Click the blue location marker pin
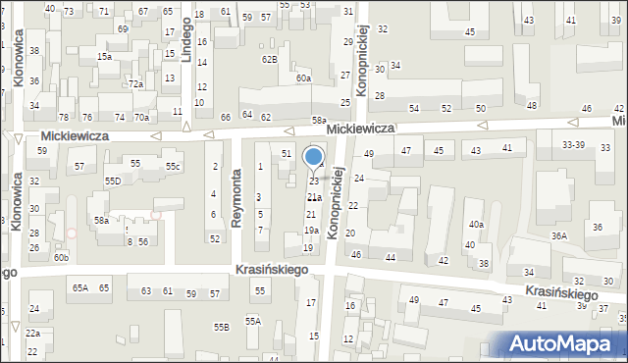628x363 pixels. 314,157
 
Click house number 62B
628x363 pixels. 269,59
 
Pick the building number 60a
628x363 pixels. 303,78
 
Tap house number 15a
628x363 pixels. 104,57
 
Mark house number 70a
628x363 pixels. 142,118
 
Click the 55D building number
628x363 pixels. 113,181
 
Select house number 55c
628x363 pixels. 173,167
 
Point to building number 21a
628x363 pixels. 313,197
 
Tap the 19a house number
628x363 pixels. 311,231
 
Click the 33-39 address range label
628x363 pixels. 573,144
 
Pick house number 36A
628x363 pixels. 559,236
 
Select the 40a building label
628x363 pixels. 476,225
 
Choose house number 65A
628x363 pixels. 80,287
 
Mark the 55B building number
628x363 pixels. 223,327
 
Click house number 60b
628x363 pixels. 61,257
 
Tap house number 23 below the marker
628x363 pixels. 313,181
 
